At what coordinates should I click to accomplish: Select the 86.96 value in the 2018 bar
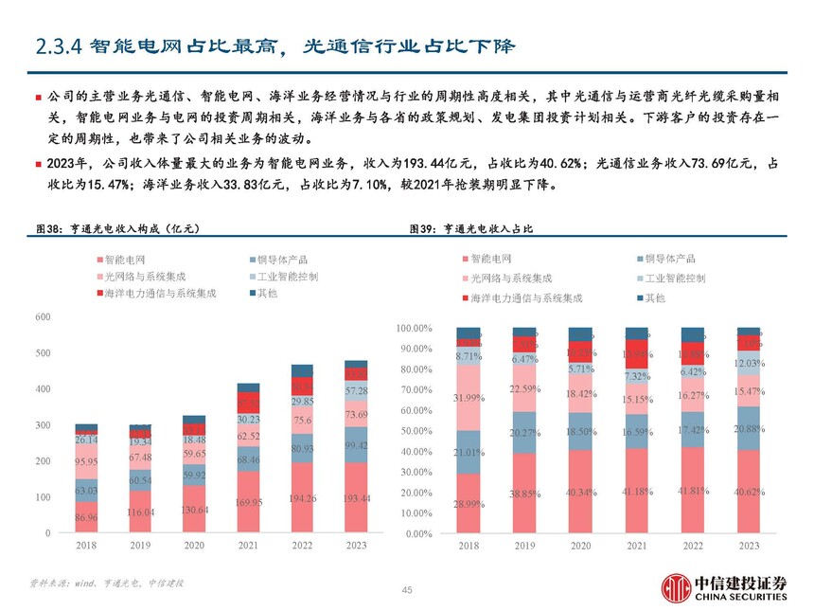pyautogui.click(x=86, y=519)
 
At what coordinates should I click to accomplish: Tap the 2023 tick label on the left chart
pyautogui.click(x=356, y=546)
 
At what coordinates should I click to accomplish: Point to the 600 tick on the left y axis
pyautogui.click(x=44, y=316)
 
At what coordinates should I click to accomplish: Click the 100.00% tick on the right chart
pyautogui.click(x=414, y=329)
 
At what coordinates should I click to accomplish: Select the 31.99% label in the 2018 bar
pyautogui.click(x=468, y=398)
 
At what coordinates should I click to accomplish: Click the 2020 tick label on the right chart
pyautogui.click(x=580, y=547)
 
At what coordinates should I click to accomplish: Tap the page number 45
pyautogui.click(x=407, y=590)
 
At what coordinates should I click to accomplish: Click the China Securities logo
pyautogui.click(x=723, y=587)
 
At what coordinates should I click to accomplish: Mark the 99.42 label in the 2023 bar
pyautogui.click(x=356, y=445)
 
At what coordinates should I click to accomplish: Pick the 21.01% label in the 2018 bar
pyautogui.click(x=468, y=452)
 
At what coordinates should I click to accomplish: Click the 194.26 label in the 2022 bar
pyautogui.click(x=302, y=497)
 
